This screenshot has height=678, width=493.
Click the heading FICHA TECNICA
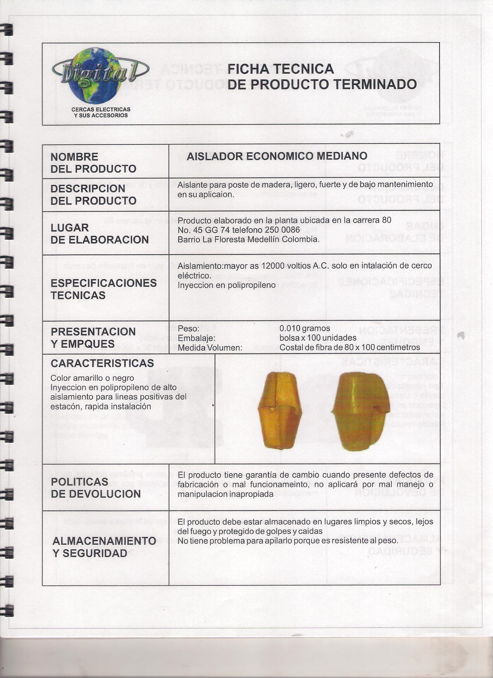coord(280,69)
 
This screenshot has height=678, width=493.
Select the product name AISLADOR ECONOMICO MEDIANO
coord(277,156)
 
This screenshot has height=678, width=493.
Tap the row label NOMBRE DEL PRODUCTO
coord(93,163)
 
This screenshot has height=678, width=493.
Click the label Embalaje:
coord(197,338)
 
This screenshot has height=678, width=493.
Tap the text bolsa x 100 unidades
coord(318,338)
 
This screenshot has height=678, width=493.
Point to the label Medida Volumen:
coord(210,348)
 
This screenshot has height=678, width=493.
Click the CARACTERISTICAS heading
coord(102,363)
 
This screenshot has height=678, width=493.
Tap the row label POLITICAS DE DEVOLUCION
coord(96,487)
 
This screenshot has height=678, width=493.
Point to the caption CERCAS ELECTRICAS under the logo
coord(101,109)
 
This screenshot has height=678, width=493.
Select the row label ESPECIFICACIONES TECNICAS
coord(104,289)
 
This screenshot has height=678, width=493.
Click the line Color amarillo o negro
coord(92,378)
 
